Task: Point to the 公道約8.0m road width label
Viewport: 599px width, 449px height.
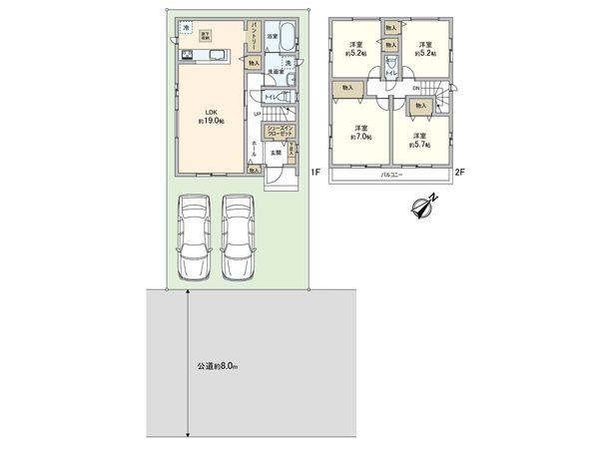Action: click(217, 367)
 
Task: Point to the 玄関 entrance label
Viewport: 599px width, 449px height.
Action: click(274, 152)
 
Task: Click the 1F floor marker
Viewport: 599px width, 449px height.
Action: click(313, 173)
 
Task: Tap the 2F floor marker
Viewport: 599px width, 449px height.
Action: click(460, 173)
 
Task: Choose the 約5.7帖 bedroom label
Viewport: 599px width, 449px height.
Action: click(419, 140)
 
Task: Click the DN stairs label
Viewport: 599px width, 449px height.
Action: click(416, 89)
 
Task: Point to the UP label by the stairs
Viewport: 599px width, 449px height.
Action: click(257, 113)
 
